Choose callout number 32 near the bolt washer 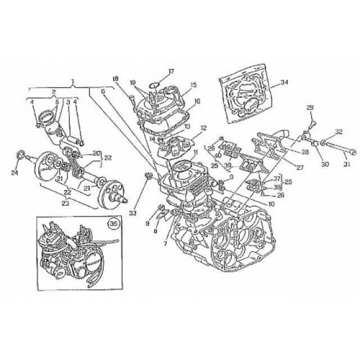(339, 132)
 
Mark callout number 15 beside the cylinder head (173, 86)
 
